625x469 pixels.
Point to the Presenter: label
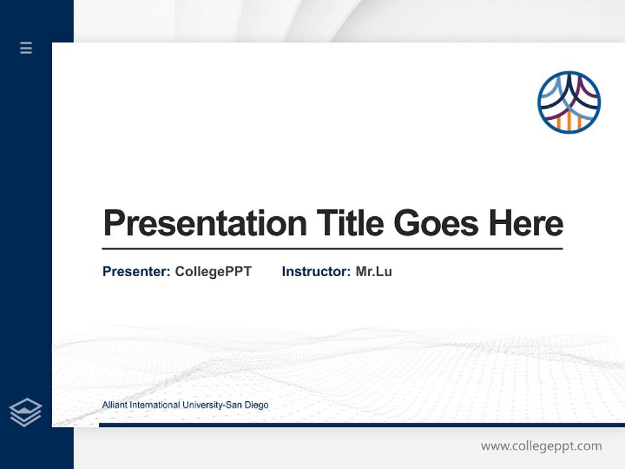click(x=136, y=272)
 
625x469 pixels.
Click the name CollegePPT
click(x=213, y=272)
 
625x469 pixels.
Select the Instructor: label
click(x=316, y=272)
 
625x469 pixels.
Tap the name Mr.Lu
click(x=374, y=272)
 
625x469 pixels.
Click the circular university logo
click(x=568, y=102)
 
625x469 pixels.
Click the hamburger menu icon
click(x=26, y=48)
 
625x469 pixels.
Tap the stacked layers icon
click(x=25, y=412)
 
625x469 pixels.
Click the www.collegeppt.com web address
click(x=541, y=446)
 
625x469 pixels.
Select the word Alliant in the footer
click(x=115, y=405)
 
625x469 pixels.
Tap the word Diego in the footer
click(x=256, y=405)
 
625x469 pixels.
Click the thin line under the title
click(x=332, y=249)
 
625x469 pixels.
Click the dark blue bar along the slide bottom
click(x=361, y=425)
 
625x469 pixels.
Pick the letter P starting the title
click(x=113, y=223)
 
